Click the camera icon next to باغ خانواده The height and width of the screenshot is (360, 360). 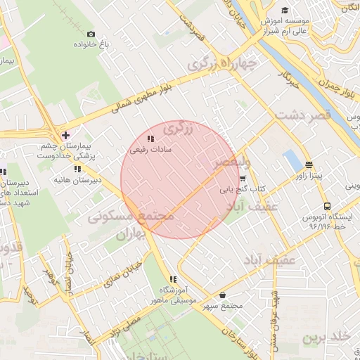coord(91,34)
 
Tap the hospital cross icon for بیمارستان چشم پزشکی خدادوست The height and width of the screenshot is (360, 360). coord(65,134)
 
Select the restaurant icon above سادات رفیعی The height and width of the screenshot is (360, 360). coord(151,139)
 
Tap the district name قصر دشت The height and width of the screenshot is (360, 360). coord(302,115)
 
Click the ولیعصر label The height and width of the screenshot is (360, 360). coord(231,164)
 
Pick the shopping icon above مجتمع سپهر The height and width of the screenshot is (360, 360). coord(223,295)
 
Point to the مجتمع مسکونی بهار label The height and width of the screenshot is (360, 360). coord(131,226)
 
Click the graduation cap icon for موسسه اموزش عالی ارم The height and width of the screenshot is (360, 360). coord(285,10)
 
